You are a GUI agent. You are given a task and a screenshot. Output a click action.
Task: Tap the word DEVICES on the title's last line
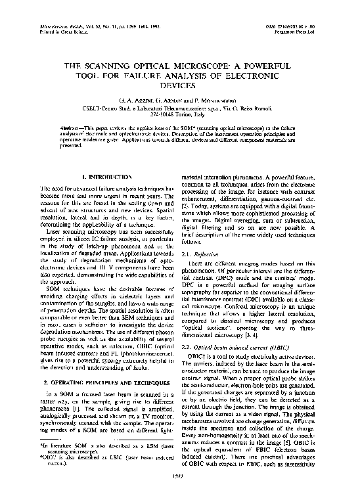179,85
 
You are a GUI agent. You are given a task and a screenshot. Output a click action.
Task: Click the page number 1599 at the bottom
179,493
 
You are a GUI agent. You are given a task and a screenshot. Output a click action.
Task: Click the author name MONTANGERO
214,99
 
